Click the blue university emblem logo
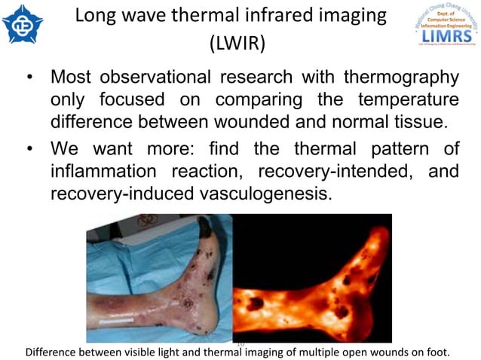23,24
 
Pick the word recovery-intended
330,172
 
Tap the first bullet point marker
29,78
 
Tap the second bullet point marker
29,148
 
